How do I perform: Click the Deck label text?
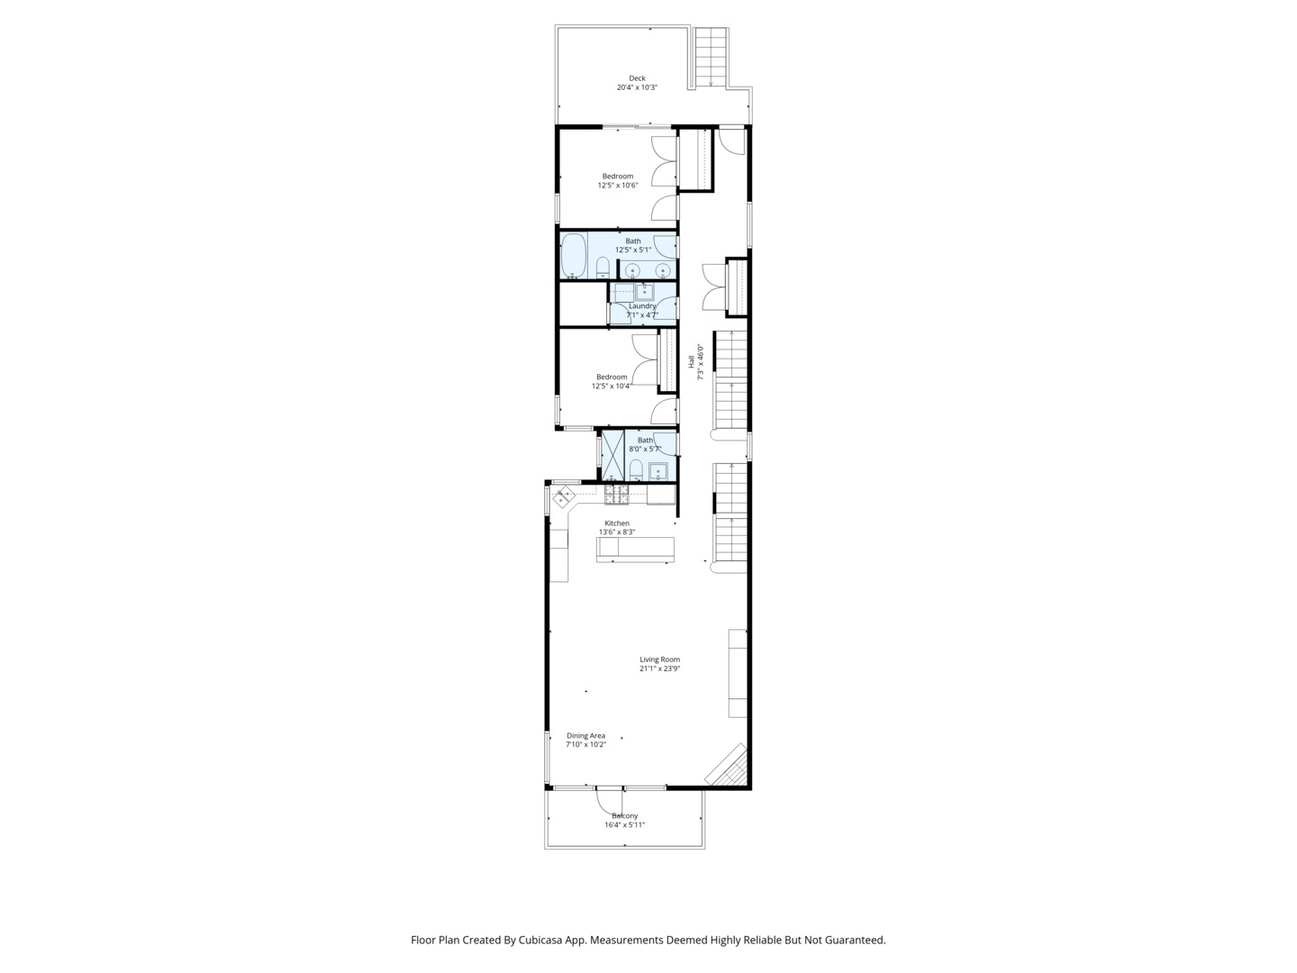pos(637,78)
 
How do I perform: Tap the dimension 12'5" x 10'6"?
pos(618,186)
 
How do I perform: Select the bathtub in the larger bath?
pos(574,256)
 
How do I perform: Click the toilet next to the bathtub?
pos(603,268)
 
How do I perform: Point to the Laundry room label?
pos(642,306)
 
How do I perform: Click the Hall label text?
pos(692,361)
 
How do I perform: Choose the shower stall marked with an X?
pos(612,456)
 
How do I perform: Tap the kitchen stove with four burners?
pos(616,494)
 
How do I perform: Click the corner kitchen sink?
pos(566,496)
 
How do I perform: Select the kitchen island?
pos(635,549)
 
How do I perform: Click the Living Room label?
pos(659,659)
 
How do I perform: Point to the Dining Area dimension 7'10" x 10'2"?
pos(585,745)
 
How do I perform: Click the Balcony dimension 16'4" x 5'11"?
pos(624,825)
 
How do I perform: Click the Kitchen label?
pos(617,523)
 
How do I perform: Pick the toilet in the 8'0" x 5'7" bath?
pos(635,469)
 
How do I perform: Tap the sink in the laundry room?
pos(645,291)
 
